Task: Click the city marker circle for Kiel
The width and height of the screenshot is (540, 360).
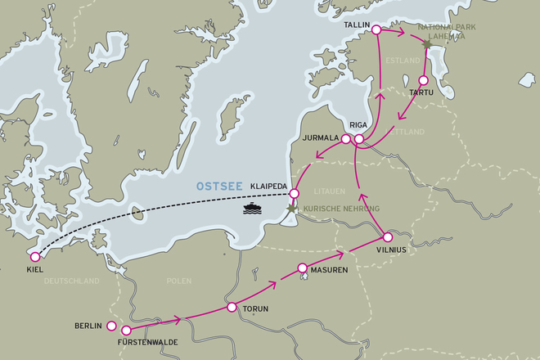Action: click(35, 257)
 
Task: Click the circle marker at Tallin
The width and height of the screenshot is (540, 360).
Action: click(376, 29)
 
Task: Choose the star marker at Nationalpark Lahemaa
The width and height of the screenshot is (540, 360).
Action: click(426, 44)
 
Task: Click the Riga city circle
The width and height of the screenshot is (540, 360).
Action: click(359, 139)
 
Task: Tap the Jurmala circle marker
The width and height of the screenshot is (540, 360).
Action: click(345, 139)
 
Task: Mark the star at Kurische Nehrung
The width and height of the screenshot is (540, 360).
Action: click(291, 212)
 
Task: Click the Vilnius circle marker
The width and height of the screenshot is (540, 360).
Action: click(388, 237)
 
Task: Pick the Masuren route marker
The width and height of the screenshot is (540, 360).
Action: click(303, 268)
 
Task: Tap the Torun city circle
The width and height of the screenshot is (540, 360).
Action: click(230, 309)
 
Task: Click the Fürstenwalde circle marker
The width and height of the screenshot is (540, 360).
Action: click(126, 331)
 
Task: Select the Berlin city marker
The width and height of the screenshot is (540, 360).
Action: click(112, 326)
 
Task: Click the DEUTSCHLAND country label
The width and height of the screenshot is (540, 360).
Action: click(71, 281)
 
